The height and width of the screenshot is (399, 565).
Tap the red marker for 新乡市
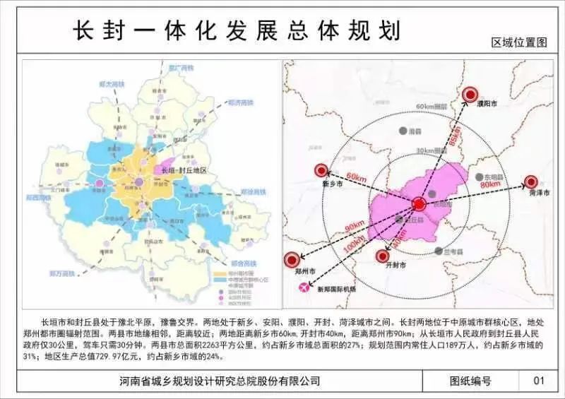(322, 170)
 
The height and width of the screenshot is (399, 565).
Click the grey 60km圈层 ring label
(432, 107)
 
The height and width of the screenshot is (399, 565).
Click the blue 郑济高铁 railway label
(240, 102)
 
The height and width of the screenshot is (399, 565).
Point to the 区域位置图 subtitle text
(520, 42)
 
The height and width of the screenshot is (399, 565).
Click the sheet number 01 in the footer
(539, 381)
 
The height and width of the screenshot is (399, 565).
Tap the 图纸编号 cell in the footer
(470, 381)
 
